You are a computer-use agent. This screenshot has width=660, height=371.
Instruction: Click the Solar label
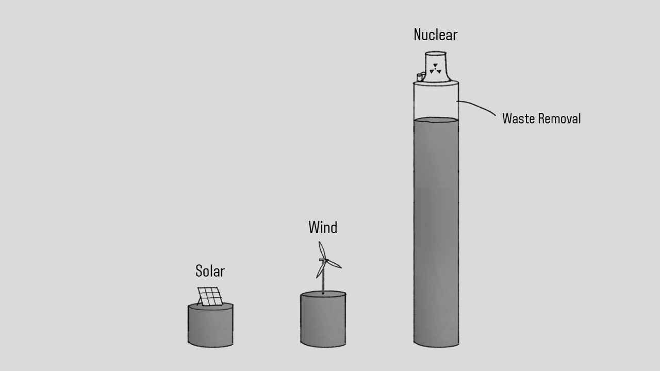(210, 271)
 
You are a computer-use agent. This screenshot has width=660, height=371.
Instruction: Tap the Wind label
(323, 227)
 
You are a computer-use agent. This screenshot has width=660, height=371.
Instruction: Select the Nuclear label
(435, 35)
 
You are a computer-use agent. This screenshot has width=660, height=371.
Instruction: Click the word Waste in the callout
(518, 119)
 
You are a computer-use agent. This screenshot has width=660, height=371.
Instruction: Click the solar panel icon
(210, 296)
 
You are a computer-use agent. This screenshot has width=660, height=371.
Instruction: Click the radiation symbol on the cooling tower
(436, 69)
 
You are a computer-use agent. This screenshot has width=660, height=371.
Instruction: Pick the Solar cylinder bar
(210, 326)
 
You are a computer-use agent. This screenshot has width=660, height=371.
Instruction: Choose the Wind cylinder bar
(323, 319)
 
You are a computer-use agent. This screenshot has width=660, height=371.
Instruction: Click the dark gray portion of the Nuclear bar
(436, 232)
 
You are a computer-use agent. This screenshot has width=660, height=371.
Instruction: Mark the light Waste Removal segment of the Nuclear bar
(436, 102)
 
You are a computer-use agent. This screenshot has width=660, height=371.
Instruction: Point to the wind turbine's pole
(323, 281)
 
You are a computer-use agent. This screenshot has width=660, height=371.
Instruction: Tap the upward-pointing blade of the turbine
(322, 250)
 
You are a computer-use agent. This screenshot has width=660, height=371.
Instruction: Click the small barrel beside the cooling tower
(420, 77)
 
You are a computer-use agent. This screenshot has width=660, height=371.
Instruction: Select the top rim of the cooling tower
(436, 53)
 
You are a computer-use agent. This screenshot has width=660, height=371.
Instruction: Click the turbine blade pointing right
(334, 264)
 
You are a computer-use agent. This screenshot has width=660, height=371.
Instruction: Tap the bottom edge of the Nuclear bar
(436, 345)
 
